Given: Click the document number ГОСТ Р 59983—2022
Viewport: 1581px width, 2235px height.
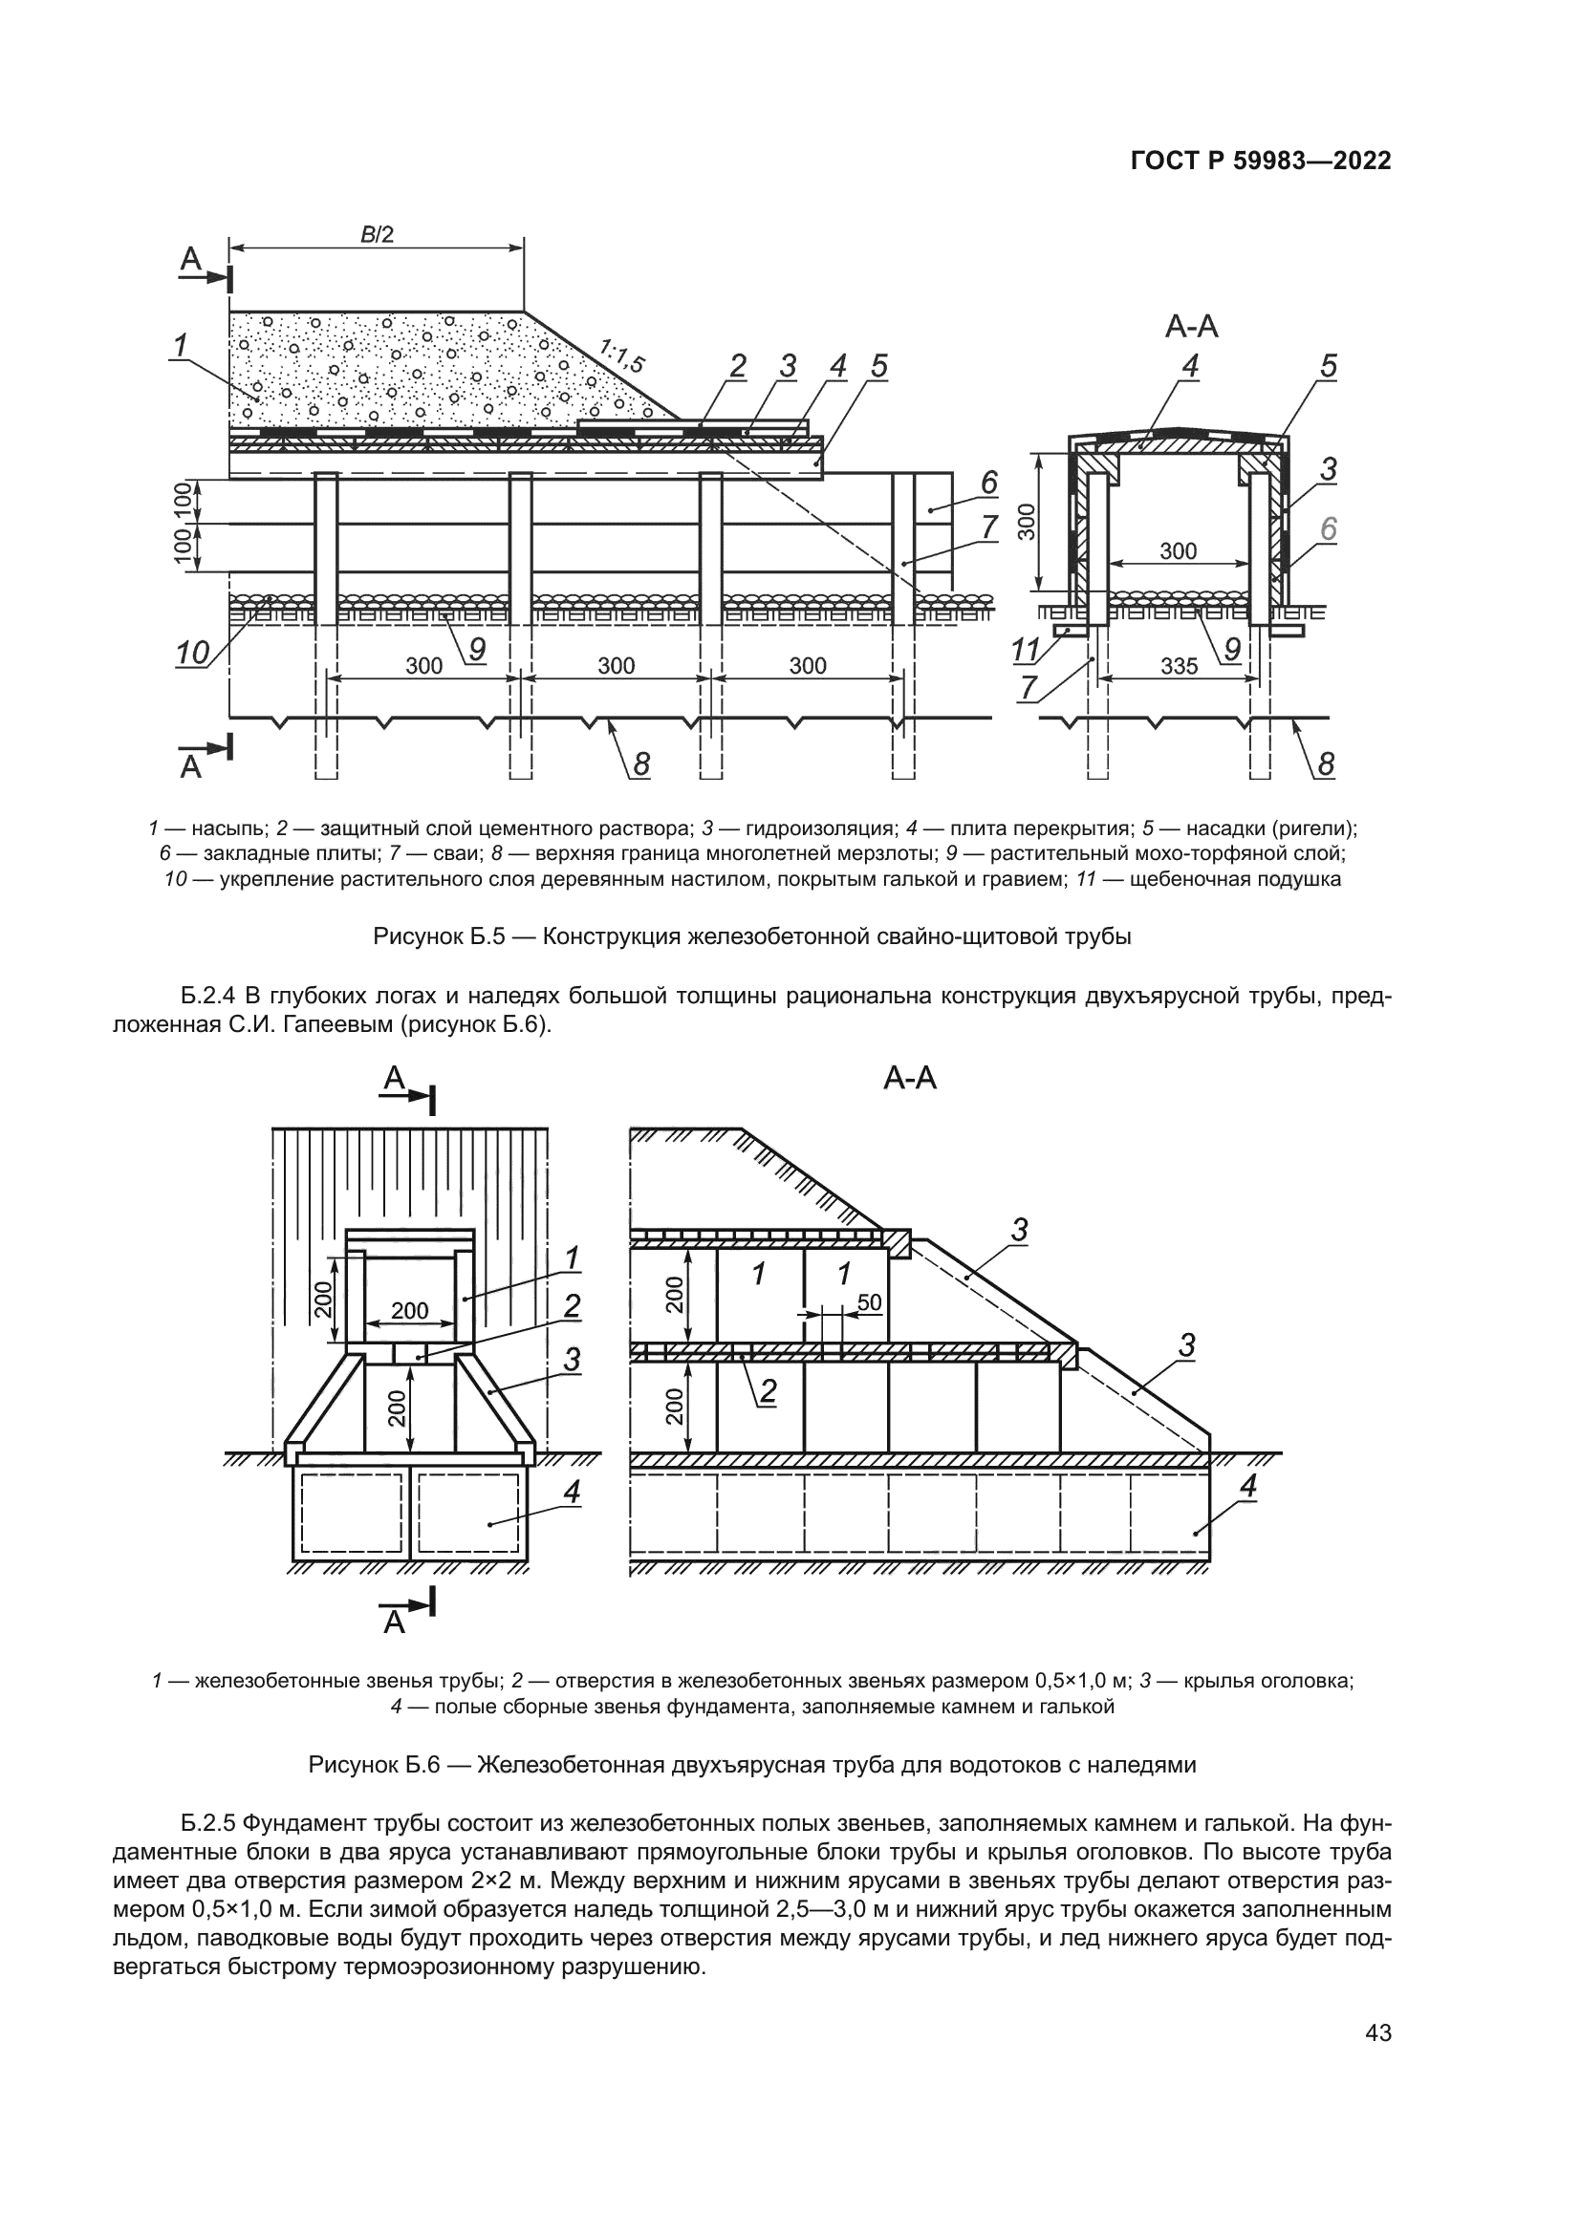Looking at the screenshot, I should [1260, 161].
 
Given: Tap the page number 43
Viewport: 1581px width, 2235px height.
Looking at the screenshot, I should [1377, 2032].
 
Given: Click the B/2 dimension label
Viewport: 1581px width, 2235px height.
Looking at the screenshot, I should [377, 235].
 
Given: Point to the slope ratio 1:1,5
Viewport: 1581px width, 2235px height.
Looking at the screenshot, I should [621, 356].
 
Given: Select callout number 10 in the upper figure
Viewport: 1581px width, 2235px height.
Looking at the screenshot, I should [193, 654].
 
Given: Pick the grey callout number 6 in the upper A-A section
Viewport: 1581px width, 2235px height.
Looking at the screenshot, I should [1328, 529].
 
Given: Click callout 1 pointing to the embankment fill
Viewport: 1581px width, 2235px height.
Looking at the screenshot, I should [180, 346].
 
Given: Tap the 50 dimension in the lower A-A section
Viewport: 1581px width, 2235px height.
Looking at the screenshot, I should [869, 1302].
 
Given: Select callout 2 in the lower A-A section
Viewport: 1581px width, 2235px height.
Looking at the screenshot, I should [769, 1392].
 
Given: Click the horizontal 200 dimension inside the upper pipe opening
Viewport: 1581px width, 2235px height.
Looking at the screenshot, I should [410, 1310].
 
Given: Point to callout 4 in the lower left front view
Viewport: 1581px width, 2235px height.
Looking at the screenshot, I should [572, 1492].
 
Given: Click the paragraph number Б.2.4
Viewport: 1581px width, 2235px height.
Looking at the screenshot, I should [208, 996].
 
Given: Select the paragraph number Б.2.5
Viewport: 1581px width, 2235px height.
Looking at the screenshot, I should [208, 1822].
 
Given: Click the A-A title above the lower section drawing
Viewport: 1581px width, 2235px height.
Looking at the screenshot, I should [909, 1079].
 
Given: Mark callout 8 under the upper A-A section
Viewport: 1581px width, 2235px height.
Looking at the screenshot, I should [1326, 764].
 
